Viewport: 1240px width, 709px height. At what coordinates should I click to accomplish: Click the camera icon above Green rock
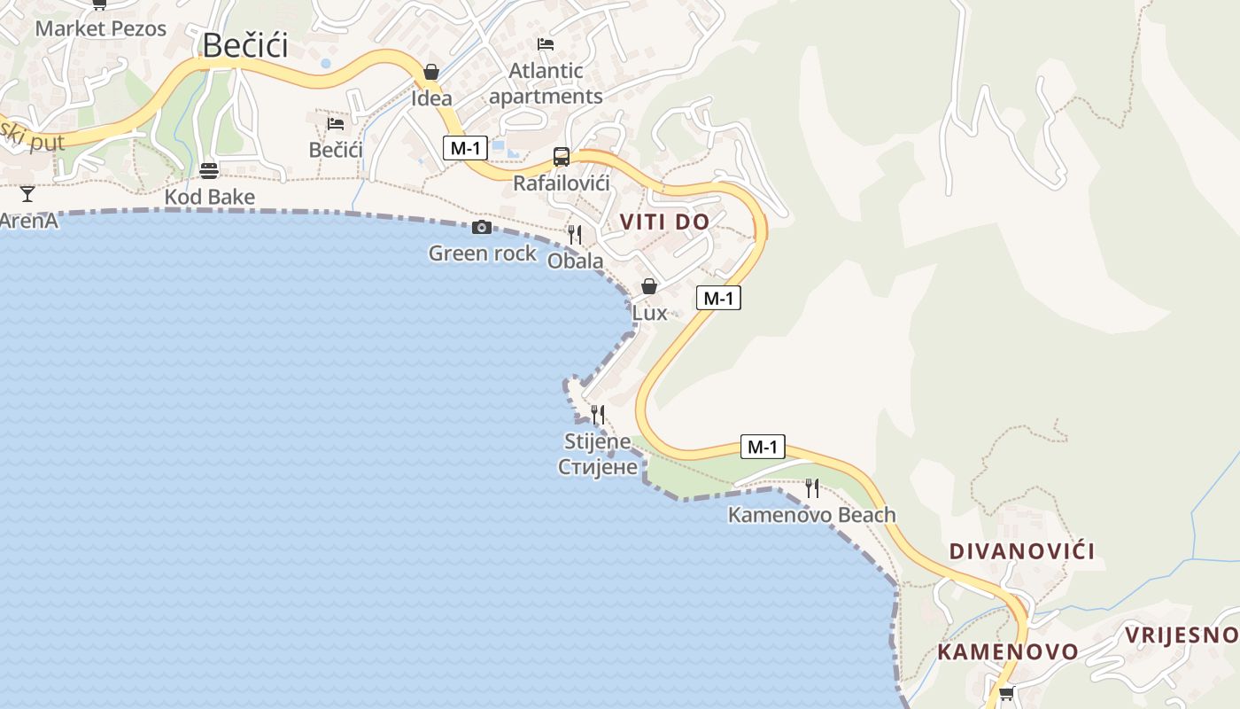pyautogui.click(x=482, y=228)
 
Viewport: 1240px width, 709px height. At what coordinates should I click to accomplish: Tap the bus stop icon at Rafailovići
pyautogui.click(x=562, y=157)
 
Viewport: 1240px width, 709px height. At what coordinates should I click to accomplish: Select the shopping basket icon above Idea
pyautogui.click(x=431, y=72)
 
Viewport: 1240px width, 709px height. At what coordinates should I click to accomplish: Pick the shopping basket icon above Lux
pyautogui.click(x=649, y=286)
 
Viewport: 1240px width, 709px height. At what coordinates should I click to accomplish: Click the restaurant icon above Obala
pyautogui.click(x=575, y=235)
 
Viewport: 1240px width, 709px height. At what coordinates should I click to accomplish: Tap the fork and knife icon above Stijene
pyautogui.click(x=598, y=415)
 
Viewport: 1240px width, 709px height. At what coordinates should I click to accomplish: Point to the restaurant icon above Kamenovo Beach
pyautogui.click(x=811, y=487)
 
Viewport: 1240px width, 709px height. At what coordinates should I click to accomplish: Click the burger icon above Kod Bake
pyautogui.click(x=209, y=170)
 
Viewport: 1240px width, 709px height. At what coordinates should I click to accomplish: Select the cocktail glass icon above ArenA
pyautogui.click(x=27, y=194)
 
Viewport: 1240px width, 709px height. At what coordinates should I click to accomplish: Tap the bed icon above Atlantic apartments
pyautogui.click(x=546, y=43)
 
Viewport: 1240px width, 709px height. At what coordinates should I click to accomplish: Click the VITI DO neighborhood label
pyautogui.click(x=664, y=222)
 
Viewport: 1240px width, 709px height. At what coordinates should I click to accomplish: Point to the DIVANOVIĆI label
pyautogui.click(x=1022, y=551)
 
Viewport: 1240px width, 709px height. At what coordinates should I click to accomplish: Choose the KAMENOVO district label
pyautogui.click(x=1008, y=652)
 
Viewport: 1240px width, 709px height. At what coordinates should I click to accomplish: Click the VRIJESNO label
pyautogui.click(x=1182, y=635)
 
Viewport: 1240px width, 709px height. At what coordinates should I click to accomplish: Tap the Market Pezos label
pyautogui.click(x=101, y=28)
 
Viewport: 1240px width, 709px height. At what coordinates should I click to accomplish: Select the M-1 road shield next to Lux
pyautogui.click(x=718, y=298)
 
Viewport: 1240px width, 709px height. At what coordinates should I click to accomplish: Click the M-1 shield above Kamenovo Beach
pyautogui.click(x=763, y=447)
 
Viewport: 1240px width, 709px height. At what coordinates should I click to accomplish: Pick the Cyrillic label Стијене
pyautogui.click(x=598, y=466)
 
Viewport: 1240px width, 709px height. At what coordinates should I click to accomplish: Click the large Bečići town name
pyautogui.click(x=245, y=45)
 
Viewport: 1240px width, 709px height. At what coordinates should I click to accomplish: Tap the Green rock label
pyautogui.click(x=483, y=253)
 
